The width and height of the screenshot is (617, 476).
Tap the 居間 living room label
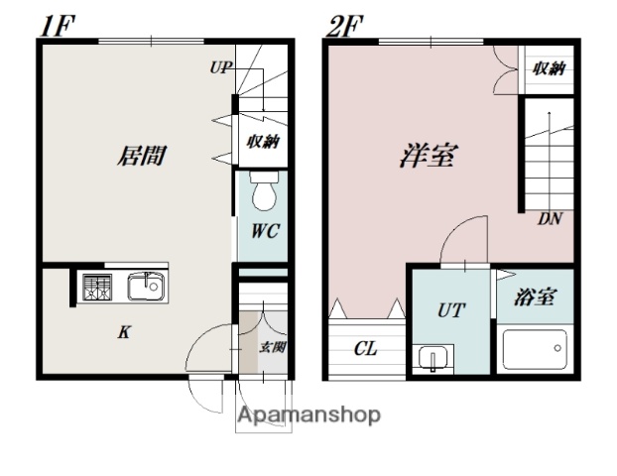(x=141, y=156)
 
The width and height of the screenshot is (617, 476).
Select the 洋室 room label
(x=421, y=156)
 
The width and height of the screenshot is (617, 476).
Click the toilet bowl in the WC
(x=263, y=193)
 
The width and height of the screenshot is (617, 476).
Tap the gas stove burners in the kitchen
(x=97, y=288)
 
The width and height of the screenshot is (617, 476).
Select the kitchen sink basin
(x=144, y=288)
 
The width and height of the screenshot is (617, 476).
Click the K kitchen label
(x=125, y=333)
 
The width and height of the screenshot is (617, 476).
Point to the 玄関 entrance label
(x=273, y=347)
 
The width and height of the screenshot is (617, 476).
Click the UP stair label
(x=219, y=69)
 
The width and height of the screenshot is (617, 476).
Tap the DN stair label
(x=550, y=220)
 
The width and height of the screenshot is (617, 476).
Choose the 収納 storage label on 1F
(x=262, y=142)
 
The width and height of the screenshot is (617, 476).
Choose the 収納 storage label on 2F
(x=548, y=68)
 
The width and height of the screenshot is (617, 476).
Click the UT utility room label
(x=450, y=310)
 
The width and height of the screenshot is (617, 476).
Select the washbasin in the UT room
(x=432, y=357)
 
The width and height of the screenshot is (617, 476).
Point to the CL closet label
(x=366, y=348)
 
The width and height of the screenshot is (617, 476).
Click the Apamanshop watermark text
(x=308, y=415)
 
